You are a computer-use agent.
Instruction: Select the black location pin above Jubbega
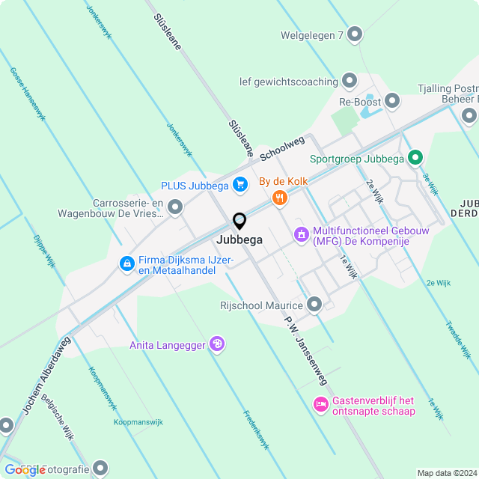239,222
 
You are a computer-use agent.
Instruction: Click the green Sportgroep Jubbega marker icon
416,158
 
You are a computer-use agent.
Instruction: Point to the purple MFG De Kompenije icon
302,235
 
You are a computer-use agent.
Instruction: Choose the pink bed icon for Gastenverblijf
320,405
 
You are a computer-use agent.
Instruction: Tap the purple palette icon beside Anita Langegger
217,344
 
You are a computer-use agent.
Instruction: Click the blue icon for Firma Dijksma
126,263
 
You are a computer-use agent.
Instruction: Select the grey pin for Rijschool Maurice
314,304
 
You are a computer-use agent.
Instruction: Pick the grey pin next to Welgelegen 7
355,34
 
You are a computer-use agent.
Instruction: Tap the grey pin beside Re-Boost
393,102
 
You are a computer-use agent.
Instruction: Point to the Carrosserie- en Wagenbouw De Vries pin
175,207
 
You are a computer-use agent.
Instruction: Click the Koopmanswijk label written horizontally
138,422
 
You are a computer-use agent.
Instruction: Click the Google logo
25,469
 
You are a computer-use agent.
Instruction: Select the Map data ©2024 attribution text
446,473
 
